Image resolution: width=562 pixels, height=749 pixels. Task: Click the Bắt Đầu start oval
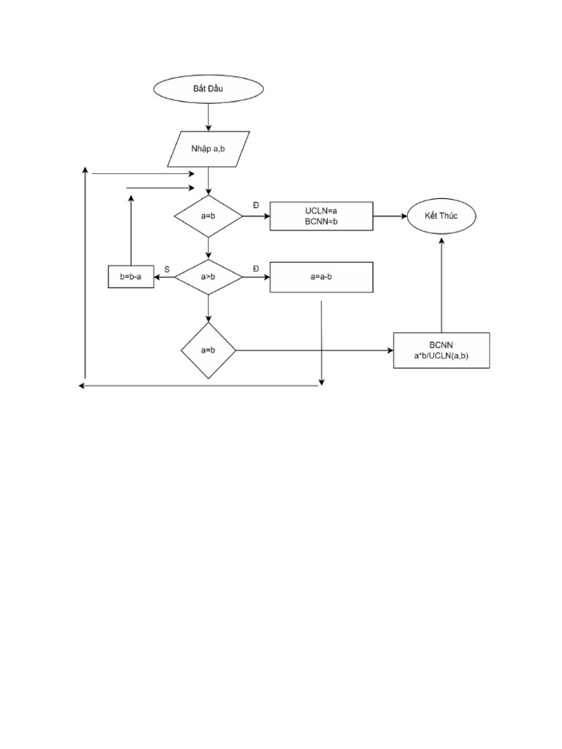coord(208,89)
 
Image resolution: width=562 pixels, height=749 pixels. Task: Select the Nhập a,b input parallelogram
coord(209,149)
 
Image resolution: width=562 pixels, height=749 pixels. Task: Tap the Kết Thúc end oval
coord(441,217)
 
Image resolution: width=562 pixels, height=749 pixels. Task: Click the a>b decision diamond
coord(208,277)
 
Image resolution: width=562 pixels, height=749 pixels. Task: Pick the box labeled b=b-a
coord(131,277)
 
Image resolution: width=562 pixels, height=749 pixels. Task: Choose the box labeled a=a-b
coord(321,277)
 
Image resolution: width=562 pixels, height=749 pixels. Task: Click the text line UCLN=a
coord(321,211)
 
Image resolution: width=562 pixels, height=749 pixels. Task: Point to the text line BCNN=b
coord(321,222)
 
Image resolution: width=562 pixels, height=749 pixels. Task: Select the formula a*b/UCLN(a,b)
coord(441,355)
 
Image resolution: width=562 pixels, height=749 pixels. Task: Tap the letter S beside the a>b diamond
coord(167,269)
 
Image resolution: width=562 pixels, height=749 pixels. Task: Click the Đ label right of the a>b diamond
coord(256,269)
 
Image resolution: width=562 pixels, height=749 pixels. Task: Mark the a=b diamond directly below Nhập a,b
coord(208,217)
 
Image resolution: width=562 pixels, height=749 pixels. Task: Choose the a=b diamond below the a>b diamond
coord(208,350)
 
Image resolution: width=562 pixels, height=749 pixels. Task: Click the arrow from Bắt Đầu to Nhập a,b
coord(209,117)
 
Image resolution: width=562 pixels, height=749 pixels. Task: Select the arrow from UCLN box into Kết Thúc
coord(389,217)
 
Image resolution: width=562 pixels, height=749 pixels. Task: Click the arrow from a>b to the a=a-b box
coord(256,277)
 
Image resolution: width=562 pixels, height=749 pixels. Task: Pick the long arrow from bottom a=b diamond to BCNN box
coord(315,350)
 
